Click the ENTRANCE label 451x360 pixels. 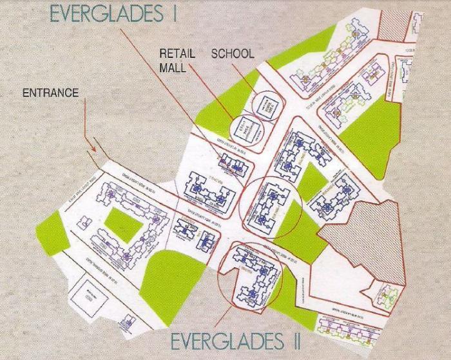[x=50, y=93]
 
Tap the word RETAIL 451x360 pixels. [x=177, y=53]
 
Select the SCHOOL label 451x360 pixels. [x=233, y=53]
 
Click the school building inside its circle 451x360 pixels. [x=265, y=106]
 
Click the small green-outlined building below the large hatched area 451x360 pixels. [x=390, y=294]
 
